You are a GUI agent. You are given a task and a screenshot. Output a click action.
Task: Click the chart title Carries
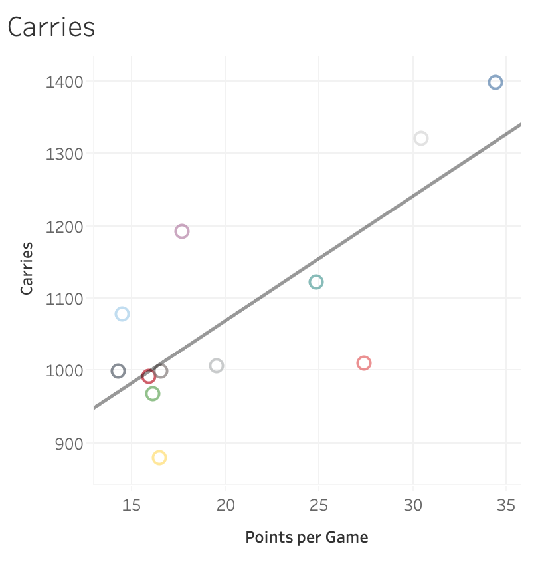coord(51,27)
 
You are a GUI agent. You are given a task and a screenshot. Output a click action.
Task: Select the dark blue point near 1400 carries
coord(495,82)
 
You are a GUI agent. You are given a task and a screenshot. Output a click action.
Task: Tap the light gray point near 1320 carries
coord(420,138)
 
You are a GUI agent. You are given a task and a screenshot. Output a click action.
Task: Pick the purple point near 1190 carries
coord(182,231)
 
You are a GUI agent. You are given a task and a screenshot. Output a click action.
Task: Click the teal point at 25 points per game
coord(316,282)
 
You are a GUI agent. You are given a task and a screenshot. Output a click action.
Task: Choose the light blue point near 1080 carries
coord(122,314)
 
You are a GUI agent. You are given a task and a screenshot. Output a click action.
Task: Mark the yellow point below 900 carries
coord(159,458)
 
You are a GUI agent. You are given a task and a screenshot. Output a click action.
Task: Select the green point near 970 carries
coord(153,394)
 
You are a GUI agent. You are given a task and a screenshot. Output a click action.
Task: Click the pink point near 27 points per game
coord(363,363)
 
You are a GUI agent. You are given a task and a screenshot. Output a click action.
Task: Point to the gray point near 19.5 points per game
coord(217,366)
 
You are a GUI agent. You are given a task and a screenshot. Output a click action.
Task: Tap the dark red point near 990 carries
coord(149,376)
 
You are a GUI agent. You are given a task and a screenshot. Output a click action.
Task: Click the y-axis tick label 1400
coord(64,82)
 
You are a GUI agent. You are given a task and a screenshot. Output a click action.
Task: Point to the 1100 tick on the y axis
coord(64,299)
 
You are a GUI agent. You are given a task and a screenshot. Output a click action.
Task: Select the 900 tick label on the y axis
coord(68,443)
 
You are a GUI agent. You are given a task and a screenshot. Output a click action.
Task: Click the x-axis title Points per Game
coord(306,537)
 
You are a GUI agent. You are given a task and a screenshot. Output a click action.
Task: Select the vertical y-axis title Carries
coord(27,268)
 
